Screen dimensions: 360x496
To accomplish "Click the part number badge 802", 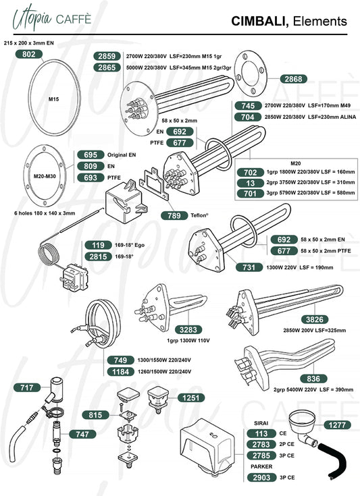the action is pos(29,54).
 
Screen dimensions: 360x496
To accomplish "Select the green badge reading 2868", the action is pos(294,79).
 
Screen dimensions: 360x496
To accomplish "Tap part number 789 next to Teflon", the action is pos(174,215).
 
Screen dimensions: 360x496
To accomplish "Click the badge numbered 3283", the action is pos(188,329).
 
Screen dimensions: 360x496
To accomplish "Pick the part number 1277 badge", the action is pos(337,425).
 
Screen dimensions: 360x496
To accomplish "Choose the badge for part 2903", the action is pos(261,477).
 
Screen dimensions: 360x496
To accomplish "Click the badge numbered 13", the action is pos(251,183).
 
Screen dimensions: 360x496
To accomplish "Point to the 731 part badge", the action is pos(249,267).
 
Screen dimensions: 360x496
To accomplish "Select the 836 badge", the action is pos(313,379).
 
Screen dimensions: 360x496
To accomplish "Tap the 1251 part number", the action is pos(191,398).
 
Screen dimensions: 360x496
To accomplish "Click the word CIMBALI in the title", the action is pos(259,21).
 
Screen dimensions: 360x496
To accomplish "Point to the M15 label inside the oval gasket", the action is pos(53,99).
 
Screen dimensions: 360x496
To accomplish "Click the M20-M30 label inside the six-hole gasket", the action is pos(45,176).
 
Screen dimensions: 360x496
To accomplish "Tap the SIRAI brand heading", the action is pos(261,423).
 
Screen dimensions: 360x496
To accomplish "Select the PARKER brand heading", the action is pos(261,466).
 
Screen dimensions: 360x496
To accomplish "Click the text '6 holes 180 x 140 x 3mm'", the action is pos(45,213).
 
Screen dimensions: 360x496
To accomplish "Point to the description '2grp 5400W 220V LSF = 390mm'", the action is pos(313,389).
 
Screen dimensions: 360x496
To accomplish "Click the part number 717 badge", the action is pos(27,387).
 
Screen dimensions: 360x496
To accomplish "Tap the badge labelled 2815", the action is pos(98,256).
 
